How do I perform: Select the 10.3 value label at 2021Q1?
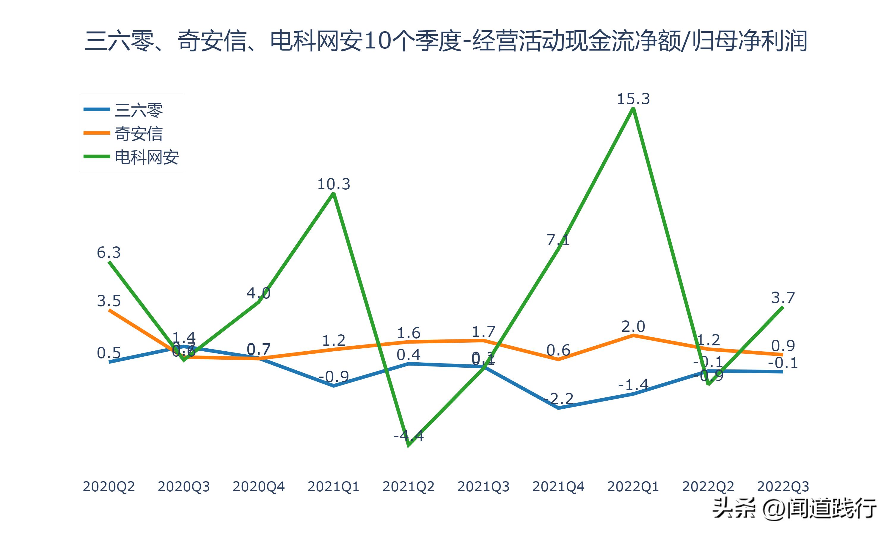click(x=334, y=184)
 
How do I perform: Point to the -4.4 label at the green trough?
click(x=409, y=436)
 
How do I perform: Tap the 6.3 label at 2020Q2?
click(x=109, y=252)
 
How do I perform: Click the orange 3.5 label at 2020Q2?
click(x=109, y=301)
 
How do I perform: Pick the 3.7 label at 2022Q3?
click(x=783, y=298)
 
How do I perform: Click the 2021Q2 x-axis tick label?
click(x=409, y=487)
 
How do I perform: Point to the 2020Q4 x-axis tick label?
click(x=258, y=487)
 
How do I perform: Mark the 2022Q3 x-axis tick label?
click(x=783, y=487)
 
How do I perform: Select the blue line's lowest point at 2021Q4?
click(x=558, y=408)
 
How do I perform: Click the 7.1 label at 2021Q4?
click(x=558, y=240)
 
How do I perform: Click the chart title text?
click(x=446, y=41)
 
